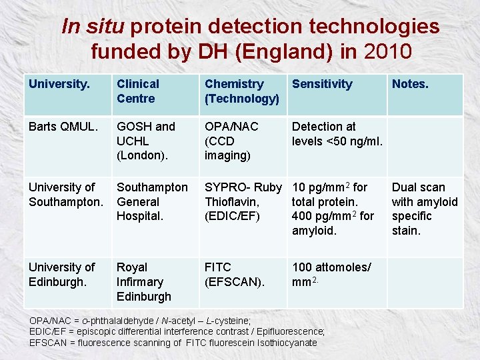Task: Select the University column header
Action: [x=57, y=84]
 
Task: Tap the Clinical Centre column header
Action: [x=138, y=91]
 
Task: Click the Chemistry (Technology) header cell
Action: [x=241, y=91]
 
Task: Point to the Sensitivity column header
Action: [x=322, y=84]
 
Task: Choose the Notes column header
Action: [x=410, y=84]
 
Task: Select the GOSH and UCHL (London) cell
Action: [x=146, y=141]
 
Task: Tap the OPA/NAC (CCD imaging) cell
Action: [x=231, y=141]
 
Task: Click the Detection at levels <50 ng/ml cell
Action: [x=336, y=134]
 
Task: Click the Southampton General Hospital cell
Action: [x=152, y=202]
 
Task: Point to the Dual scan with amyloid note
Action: [x=425, y=209]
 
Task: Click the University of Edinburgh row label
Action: [x=62, y=274]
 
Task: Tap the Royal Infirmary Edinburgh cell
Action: [x=143, y=281]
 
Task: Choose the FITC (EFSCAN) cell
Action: [x=234, y=274]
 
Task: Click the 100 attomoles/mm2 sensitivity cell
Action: [x=331, y=274]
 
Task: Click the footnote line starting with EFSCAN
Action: [x=173, y=343]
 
